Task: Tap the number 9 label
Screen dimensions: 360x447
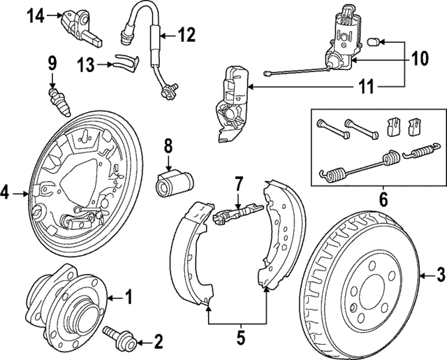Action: point(52,64)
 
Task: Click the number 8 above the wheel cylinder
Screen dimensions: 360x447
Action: point(168,146)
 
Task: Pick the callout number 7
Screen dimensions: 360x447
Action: point(238,185)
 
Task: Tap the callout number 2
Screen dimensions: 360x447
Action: point(158,342)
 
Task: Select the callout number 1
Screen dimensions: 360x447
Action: point(127,297)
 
